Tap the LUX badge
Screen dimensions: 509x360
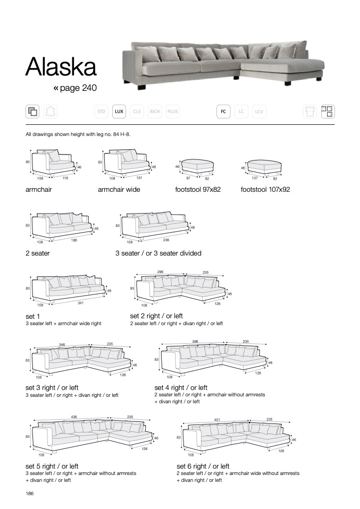119,112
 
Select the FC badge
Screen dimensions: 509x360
223,112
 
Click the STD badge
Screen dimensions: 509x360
101,112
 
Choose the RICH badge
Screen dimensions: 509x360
155,112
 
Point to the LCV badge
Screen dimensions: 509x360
259,112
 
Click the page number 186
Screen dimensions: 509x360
30,494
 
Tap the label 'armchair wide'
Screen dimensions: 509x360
119,189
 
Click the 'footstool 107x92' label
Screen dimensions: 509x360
265,189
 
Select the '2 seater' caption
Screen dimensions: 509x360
37,253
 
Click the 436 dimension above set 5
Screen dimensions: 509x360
73,417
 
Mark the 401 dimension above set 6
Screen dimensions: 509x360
217,419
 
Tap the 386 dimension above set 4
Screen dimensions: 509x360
195,342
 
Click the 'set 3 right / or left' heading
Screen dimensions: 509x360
52,387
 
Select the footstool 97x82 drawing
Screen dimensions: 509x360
197,166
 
